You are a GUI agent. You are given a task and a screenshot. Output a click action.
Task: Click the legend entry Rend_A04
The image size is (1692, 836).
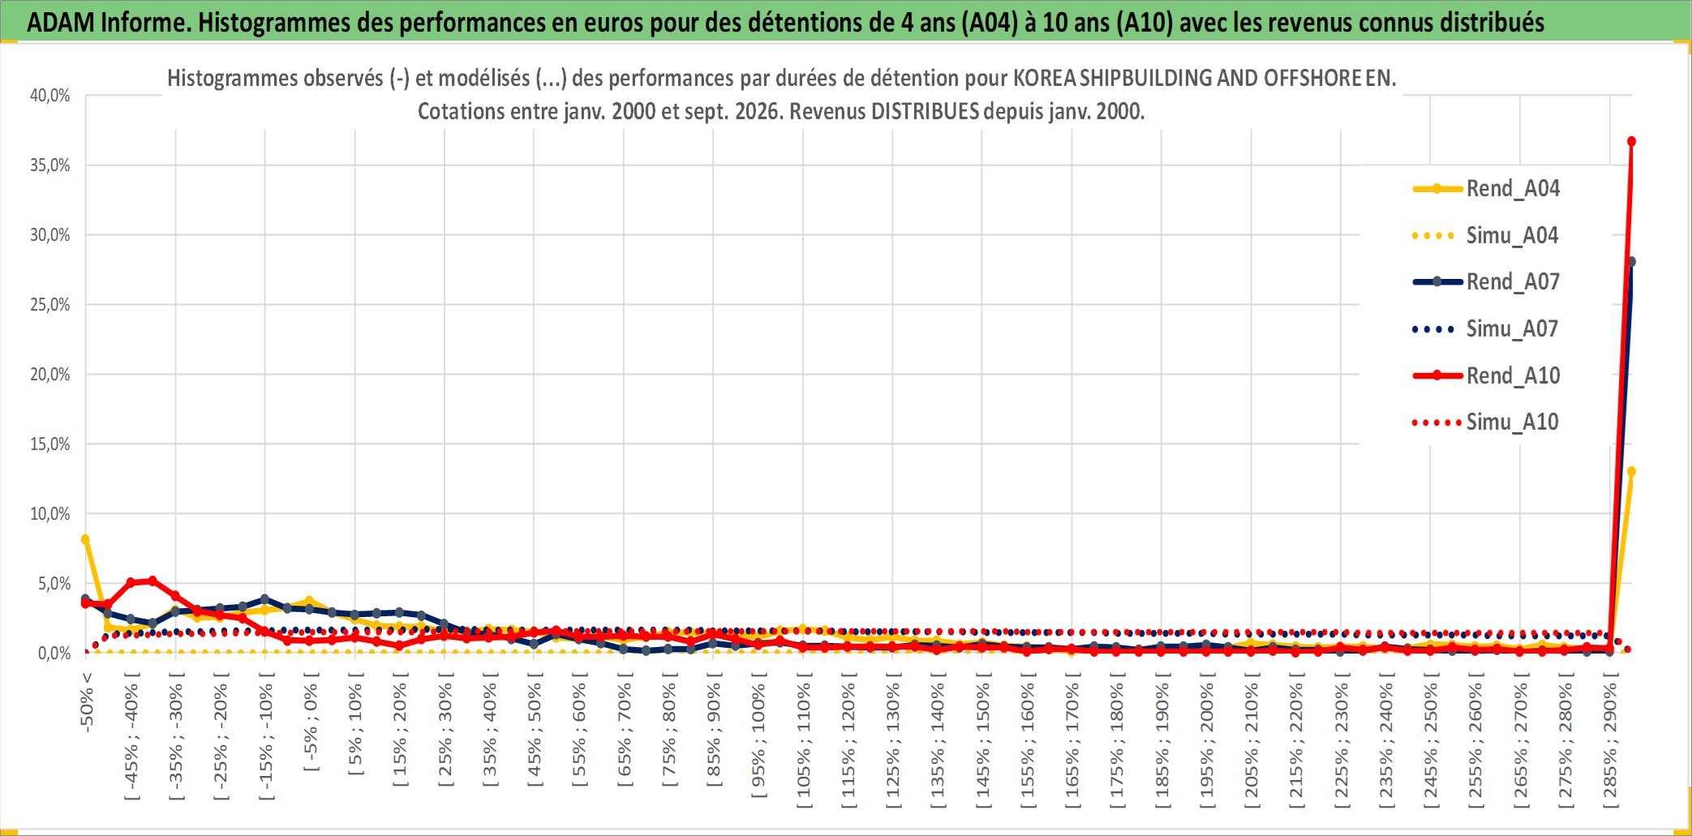(x=1486, y=189)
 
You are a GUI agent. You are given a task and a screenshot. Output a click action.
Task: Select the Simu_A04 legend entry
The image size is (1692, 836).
(x=1486, y=236)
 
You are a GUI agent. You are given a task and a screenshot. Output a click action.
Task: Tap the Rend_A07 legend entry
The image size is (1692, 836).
(x=1486, y=282)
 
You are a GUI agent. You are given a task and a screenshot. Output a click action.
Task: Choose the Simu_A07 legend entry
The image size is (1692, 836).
(x=1486, y=329)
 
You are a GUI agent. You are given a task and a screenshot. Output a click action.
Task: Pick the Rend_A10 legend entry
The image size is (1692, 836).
(x=1486, y=376)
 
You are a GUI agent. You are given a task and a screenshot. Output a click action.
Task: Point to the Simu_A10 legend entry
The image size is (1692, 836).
(x=1486, y=422)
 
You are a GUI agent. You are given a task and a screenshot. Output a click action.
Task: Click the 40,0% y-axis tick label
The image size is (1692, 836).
(x=50, y=96)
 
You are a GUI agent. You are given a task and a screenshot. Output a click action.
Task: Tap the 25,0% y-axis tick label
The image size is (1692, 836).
(x=50, y=305)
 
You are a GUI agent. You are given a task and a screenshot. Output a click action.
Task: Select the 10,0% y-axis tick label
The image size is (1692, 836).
(x=50, y=514)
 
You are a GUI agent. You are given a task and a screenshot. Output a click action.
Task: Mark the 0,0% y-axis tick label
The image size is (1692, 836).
(x=54, y=653)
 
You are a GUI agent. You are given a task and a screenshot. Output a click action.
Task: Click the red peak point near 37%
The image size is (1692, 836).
(x=1631, y=141)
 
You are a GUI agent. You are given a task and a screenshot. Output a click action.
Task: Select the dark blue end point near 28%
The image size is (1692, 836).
(x=1631, y=262)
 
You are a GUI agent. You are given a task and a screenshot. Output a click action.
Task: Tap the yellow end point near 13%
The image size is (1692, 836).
(x=1631, y=471)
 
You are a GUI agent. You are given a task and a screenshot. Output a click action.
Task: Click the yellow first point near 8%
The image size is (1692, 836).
(x=85, y=539)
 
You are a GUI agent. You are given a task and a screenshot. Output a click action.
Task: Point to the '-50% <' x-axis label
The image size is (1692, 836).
(x=87, y=702)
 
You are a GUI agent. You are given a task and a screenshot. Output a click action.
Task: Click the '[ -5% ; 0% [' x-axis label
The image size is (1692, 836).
(x=311, y=722)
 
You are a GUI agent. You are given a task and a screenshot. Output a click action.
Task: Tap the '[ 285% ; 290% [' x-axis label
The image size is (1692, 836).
(x=1610, y=740)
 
